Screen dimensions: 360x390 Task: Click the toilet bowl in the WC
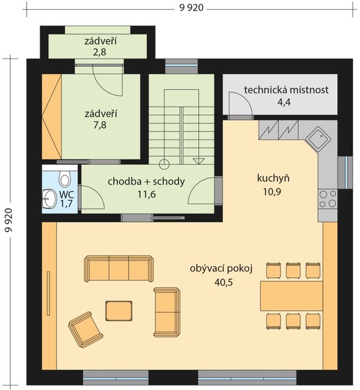coord(64,178)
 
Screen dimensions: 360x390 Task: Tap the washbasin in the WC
coord(49,199)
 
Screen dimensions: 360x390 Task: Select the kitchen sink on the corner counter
coord(319,139)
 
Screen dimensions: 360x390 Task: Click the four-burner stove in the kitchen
coord(328,198)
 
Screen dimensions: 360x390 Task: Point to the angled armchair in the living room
coord(86,330)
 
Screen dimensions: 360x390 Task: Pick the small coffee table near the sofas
coord(118,311)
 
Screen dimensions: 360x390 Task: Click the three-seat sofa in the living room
coord(118,268)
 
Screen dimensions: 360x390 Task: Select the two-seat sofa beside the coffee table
coord(166,312)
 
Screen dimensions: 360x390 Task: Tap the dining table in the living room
coord(291,296)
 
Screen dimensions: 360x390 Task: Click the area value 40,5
coord(224,282)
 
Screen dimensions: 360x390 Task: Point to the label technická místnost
coord(286,90)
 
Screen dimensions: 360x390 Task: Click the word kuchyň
coord(273,178)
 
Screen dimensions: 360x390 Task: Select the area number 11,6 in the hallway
coord(146,194)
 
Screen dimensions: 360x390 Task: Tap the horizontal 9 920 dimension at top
coord(191,8)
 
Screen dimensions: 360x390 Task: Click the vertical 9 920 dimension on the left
coord(8,220)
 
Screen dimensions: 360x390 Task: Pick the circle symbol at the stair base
coord(164,164)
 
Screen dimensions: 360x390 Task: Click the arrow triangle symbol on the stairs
coord(199,161)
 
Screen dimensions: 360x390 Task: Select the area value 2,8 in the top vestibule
coord(100,52)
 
